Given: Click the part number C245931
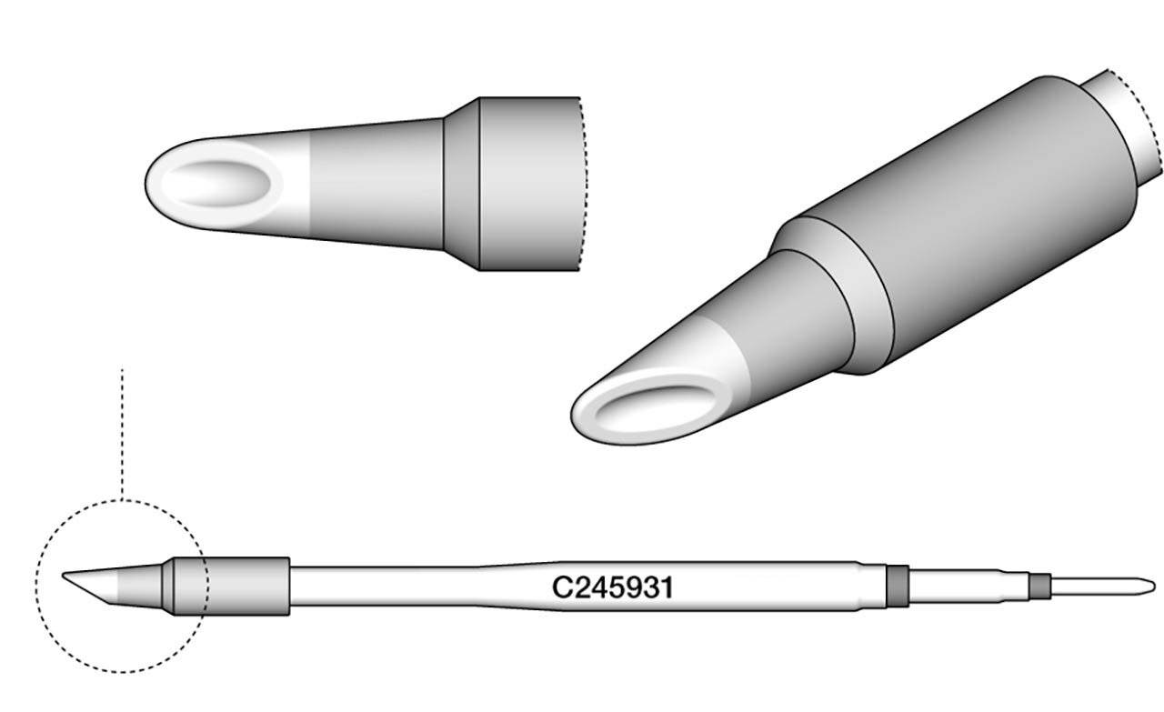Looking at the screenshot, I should point(613,588).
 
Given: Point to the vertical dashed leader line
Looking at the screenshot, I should point(121,427).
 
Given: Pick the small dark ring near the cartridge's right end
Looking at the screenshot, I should point(1038,585).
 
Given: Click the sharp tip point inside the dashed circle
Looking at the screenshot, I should point(65,575).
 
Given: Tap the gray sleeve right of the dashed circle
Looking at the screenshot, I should point(246,585).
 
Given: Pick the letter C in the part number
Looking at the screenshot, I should point(562,588).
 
